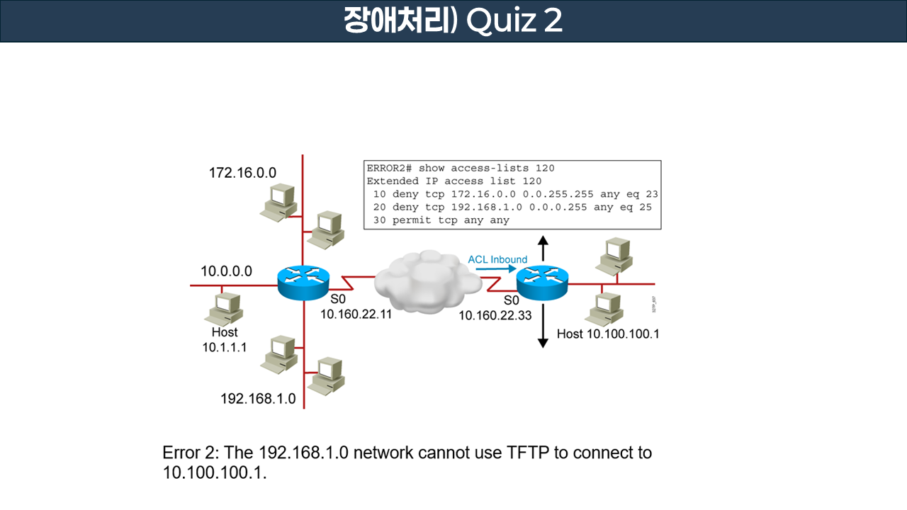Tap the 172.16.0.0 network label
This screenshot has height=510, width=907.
(x=242, y=172)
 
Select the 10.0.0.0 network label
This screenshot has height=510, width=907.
(x=226, y=271)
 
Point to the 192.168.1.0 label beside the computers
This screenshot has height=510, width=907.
(x=258, y=398)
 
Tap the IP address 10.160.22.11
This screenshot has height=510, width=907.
(x=356, y=314)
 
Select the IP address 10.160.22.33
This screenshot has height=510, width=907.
(x=495, y=315)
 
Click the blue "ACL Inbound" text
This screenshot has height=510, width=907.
(x=497, y=259)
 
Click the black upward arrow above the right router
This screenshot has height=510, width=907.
(x=543, y=249)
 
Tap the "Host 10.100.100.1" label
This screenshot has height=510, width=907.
(x=608, y=334)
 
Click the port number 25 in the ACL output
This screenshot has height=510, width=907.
(x=645, y=207)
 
